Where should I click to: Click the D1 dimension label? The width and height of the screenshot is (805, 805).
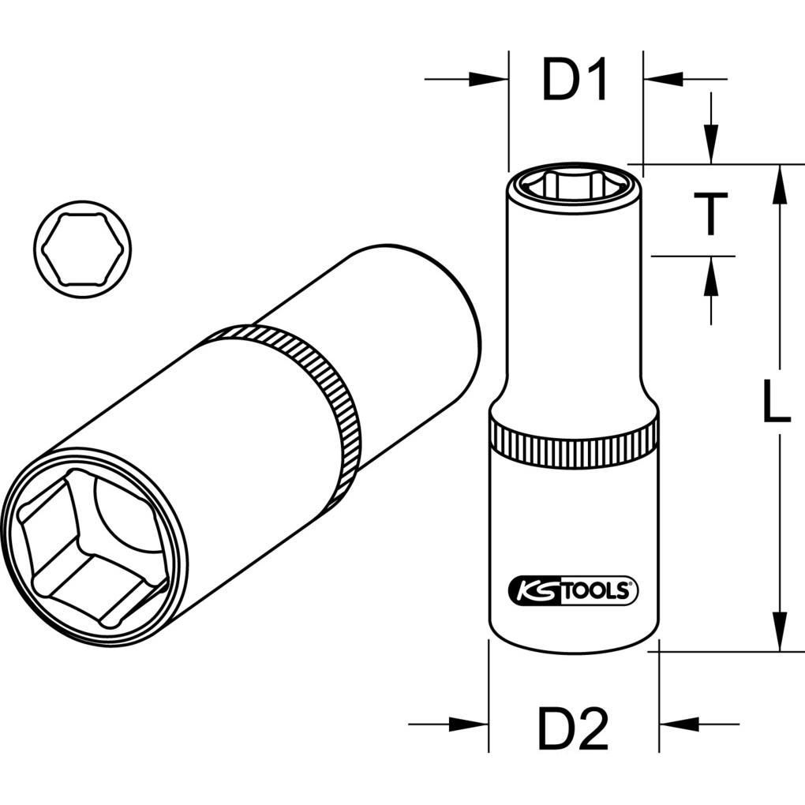575,82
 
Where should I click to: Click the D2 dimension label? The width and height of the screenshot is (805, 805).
573,728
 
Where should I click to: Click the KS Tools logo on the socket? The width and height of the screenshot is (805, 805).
572,590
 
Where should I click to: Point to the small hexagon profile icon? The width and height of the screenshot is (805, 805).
82,249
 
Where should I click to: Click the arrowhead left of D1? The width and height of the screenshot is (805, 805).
489,79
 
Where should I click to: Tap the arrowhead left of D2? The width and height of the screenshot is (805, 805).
470,724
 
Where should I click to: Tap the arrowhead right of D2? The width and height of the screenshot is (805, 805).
676,724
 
